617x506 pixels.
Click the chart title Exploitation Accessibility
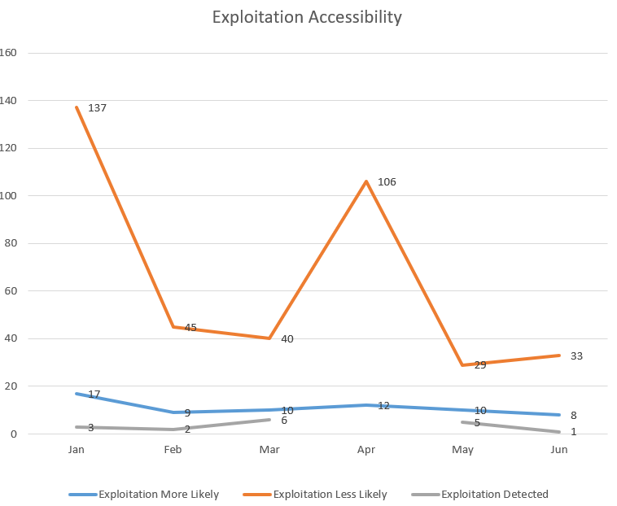[x=307, y=17]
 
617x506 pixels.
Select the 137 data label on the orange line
[x=97, y=107]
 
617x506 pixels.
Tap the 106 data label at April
[x=387, y=181]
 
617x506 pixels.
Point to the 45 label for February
[x=190, y=327]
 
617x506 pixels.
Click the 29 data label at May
[x=479, y=364]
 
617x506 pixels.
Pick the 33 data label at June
[x=576, y=356]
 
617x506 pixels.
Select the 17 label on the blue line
[x=94, y=394]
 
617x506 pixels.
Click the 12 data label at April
[x=383, y=404]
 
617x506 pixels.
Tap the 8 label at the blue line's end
[x=573, y=415]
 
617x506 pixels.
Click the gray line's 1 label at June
[x=573, y=431]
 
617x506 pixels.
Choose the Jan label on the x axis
[x=77, y=449]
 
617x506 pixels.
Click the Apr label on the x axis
[x=366, y=449]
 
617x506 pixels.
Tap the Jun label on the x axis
[x=559, y=449]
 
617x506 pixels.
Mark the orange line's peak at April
[x=366, y=181]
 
